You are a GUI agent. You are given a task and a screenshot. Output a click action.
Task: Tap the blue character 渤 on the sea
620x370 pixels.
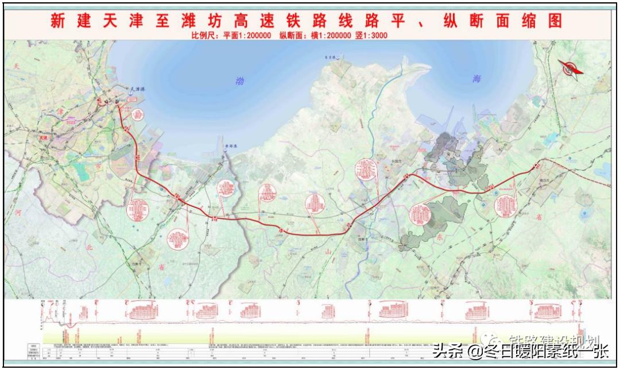(x=240, y=82)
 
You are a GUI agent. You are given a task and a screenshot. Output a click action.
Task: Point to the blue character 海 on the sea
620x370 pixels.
(x=476, y=79)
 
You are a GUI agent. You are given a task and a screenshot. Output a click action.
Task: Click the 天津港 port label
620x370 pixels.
(x=135, y=90)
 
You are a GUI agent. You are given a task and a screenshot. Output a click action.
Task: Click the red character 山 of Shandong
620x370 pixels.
(x=328, y=251)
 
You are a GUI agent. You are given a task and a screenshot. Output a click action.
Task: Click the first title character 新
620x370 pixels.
(x=58, y=21)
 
